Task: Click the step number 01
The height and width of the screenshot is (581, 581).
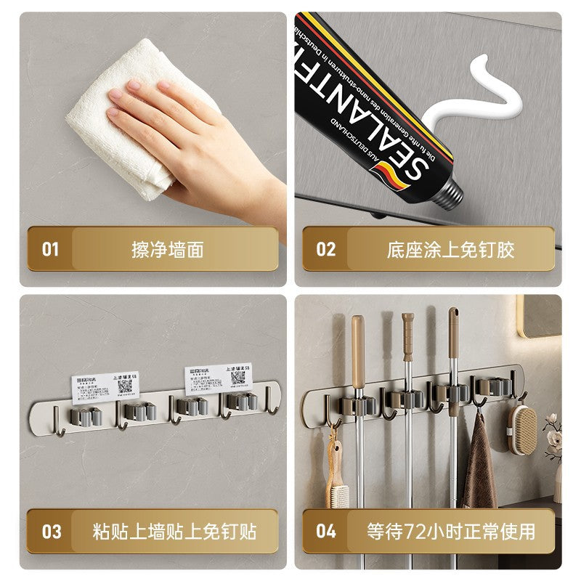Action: [x=50, y=249]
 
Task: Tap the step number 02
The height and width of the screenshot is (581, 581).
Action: [x=326, y=249]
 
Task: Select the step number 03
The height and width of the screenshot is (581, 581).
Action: [x=51, y=531]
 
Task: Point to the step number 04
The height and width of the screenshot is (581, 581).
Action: [x=326, y=531]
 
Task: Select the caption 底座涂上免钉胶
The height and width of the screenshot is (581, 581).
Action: [x=450, y=250]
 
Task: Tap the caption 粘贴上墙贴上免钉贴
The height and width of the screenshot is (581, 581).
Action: [x=174, y=531]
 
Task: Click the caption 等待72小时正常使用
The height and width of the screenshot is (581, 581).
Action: [x=450, y=531]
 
